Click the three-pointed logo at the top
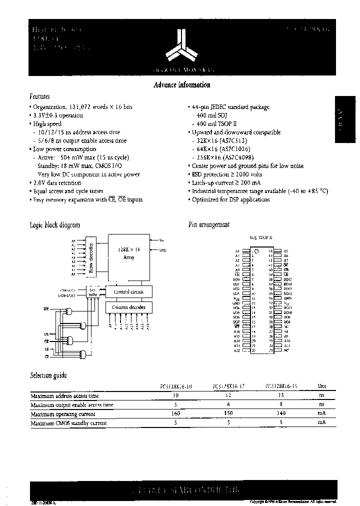(x=180, y=45)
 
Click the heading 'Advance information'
(x=181, y=85)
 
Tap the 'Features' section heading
(x=39, y=96)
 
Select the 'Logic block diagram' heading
(x=55, y=225)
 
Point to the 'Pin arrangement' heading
(x=208, y=225)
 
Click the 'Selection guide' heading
(x=48, y=375)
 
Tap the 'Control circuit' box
(x=129, y=291)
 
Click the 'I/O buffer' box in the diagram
(x=92, y=291)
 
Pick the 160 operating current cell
(x=175, y=413)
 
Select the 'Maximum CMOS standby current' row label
(x=68, y=423)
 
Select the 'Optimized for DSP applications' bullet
(x=230, y=199)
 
